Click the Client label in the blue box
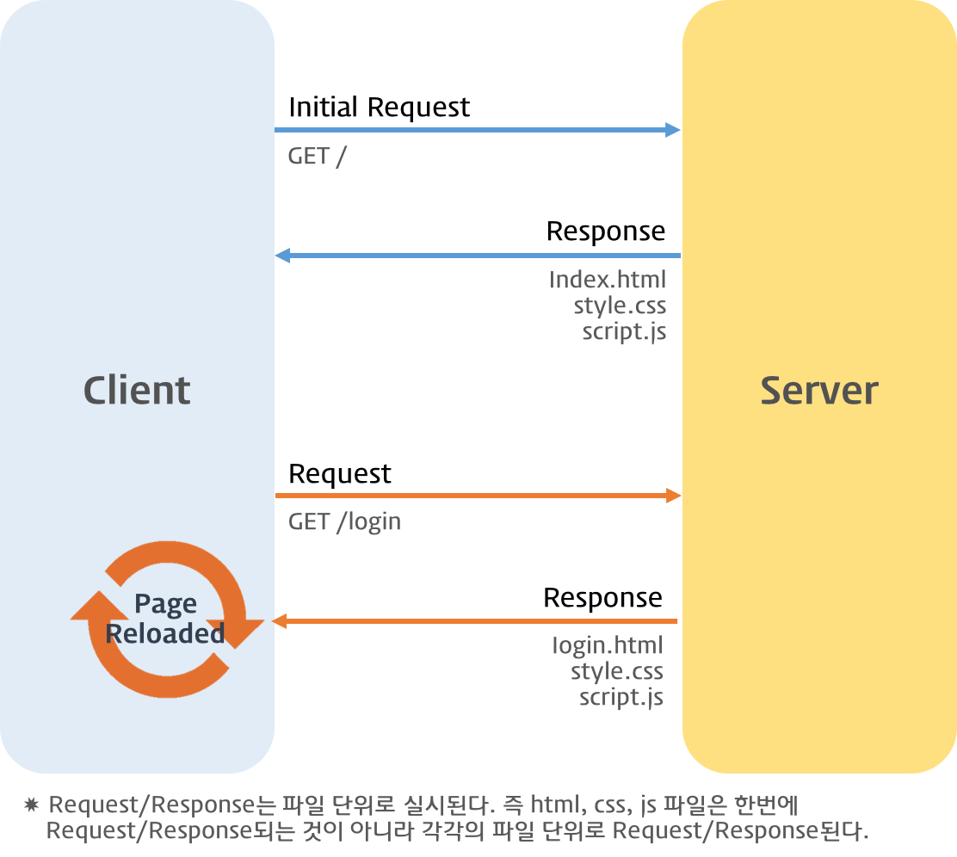pyautogui.click(x=137, y=391)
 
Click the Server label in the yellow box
pyautogui.click(x=818, y=391)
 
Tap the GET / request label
pyautogui.click(x=317, y=157)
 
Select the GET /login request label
pyautogui.click(x=344, y=522)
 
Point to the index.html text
pyautogui.click(x=608, y=281)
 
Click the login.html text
pyautogui.click(x=608, y=645)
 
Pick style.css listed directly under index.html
pyautogui.click(x=620, y=305)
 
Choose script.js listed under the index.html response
pyautogui.click(x=624, y=331)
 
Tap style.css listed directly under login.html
pyautogui.click(x=617, y=671)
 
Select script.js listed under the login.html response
pyautogui.click(x=621, y=696)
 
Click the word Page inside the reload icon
pyautogui.click(x=165, y=604)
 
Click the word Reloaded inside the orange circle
pyautogui.click(x=164, y=634)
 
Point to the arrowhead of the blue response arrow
pyautogui.click(x=282, y=256)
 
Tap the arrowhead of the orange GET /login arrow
pyautogui.click(x=673, y=496)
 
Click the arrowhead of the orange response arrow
pyautogui.click(x=280, y=621)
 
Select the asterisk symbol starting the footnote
pyautogui.click(x=32, y=806)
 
